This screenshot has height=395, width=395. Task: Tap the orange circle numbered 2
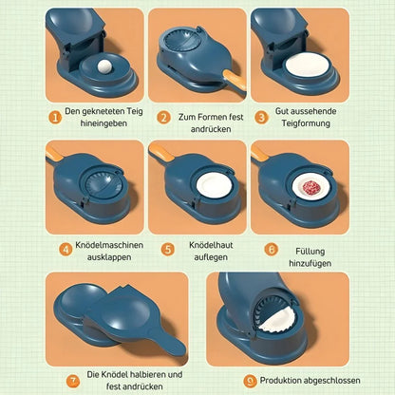coord(163,117)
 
